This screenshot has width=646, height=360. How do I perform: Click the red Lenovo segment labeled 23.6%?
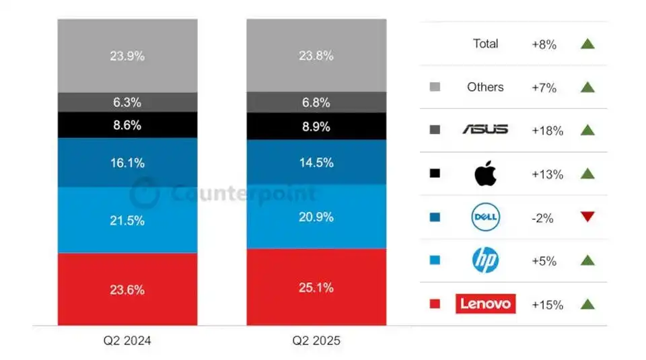127,289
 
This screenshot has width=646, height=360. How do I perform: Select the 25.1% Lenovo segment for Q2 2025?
316,287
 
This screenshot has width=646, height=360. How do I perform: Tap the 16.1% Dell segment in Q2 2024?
127,162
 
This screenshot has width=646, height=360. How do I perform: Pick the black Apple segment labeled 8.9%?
316,127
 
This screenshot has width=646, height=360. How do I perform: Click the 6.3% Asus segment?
127,102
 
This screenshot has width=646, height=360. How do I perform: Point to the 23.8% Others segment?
316,56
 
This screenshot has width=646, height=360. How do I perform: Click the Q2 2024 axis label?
127,341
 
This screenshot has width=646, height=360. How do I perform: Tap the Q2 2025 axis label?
316,341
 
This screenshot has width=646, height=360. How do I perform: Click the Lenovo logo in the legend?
485,303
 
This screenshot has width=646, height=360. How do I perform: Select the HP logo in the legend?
485,260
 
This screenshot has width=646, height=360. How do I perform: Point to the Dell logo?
485,217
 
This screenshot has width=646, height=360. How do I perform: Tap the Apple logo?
485,174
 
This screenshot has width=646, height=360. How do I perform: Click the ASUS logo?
485,129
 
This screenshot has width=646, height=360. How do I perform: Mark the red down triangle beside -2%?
587,217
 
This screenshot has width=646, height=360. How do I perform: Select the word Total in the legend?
485,44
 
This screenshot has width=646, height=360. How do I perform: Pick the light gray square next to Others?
435,87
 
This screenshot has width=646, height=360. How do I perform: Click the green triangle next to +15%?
587,304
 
